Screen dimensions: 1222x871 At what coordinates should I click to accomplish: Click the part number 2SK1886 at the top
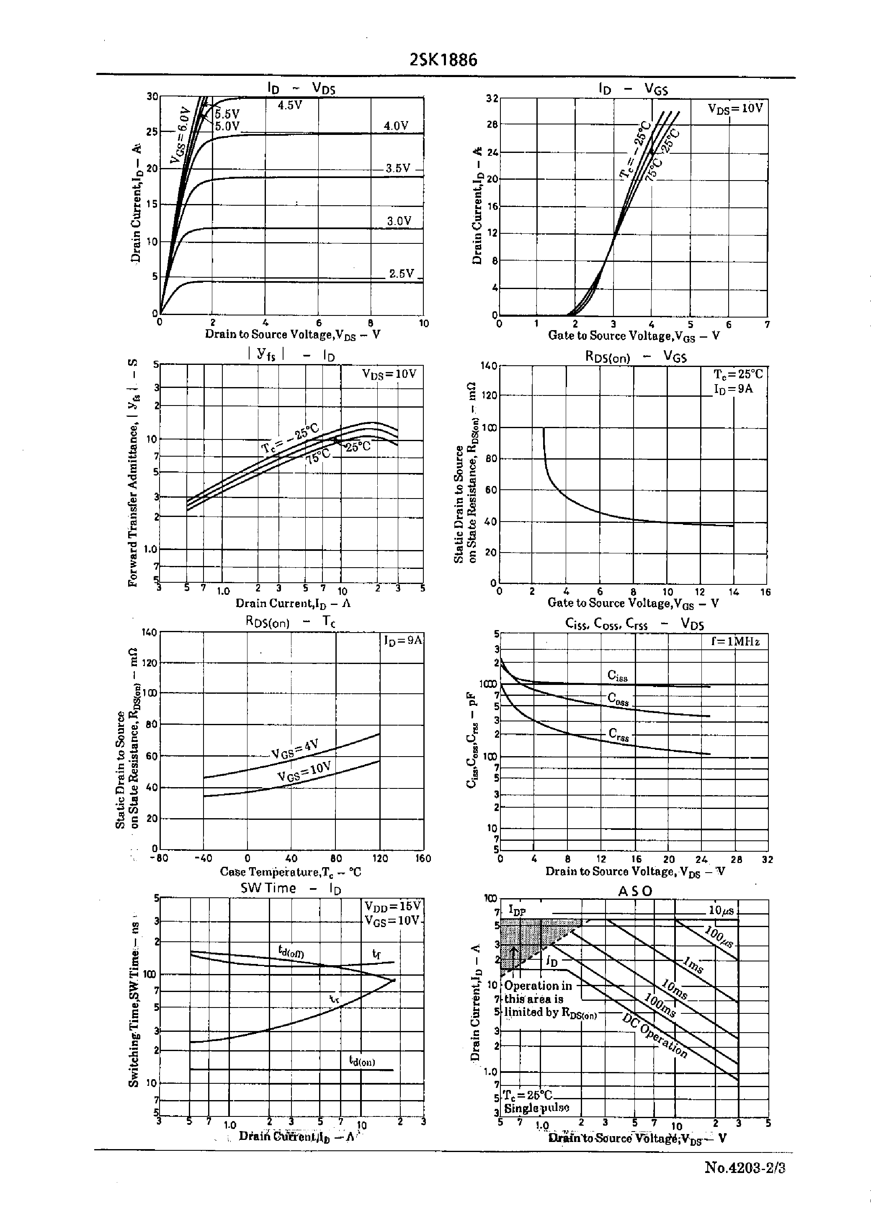click(443, 59)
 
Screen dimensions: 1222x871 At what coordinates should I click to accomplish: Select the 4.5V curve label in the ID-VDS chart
click(290, 105)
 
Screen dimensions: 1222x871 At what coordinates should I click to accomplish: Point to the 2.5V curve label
click(401, 274)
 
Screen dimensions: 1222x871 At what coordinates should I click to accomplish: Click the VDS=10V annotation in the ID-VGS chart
click(735, 108)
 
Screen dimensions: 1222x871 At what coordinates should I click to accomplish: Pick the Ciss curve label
click(617, 676)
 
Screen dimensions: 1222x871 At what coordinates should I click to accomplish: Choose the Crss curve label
click(618, 734)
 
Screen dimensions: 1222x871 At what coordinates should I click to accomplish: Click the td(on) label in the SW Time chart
click(362, 1061)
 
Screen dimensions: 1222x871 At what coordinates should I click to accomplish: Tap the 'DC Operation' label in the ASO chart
click(655, 1035)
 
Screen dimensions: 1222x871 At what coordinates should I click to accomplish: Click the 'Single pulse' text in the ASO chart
click(536, 1107)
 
